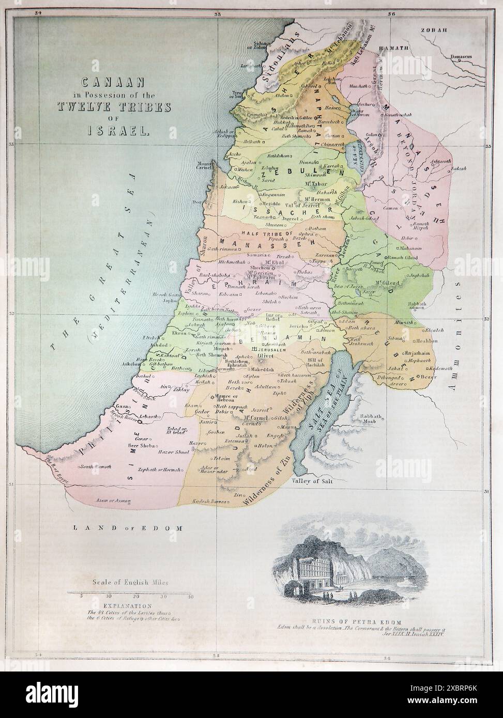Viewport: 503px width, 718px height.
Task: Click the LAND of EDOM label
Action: pos(129,528)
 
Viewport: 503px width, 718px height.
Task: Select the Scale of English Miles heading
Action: pos(131,582)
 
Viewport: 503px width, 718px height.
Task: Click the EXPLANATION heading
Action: pos(127,605)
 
